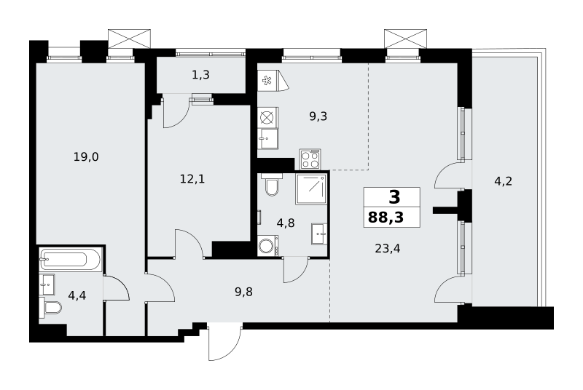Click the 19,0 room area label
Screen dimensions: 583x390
[86, 157]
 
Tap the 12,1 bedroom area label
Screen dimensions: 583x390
[192, 180]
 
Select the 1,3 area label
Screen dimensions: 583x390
[201, 76]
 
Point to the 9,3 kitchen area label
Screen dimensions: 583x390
[318, 116]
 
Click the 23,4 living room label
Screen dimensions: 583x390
[388, 248]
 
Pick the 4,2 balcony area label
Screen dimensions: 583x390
[503, 181]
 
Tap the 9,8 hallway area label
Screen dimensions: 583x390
[243, 292]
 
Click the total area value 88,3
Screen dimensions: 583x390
[386, 218]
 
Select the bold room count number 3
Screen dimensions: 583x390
[394, 197]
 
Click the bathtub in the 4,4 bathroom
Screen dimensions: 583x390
[69, 258]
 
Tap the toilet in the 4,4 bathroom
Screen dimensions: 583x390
[50, 307]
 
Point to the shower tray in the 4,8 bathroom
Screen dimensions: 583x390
[311, 188]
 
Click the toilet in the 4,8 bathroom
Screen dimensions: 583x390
[272, 184]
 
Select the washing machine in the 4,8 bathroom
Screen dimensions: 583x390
[268, 245]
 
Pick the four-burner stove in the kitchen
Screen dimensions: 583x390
[310, 159]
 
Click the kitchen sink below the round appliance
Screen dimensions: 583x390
[268, 139]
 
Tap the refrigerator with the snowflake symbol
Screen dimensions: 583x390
[273, 81]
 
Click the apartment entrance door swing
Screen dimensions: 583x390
[224, 342]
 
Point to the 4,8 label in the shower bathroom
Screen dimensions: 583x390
[286, 223]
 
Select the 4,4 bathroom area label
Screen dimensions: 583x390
[77, 295]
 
